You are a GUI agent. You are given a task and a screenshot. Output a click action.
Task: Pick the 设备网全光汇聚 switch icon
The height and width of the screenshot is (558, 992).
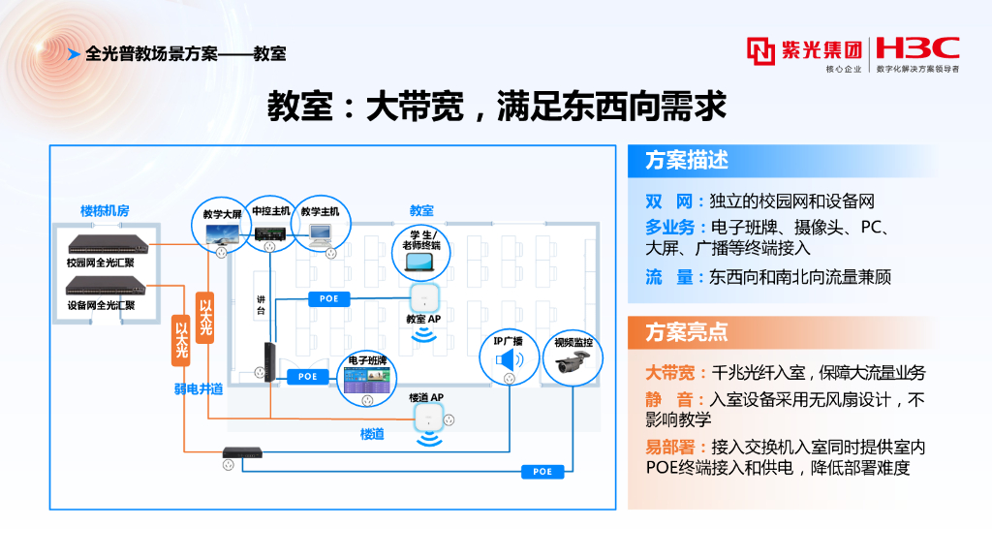coord(105,286)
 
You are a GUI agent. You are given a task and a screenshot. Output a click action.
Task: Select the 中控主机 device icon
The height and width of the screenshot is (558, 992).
coord(271,232)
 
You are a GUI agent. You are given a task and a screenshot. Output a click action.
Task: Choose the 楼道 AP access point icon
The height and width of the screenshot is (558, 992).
coord(426,418)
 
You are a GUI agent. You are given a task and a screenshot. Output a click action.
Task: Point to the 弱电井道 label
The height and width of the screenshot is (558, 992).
coord(199,388)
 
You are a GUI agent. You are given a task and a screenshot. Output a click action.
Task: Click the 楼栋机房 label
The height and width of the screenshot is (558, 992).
coord(105,210)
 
